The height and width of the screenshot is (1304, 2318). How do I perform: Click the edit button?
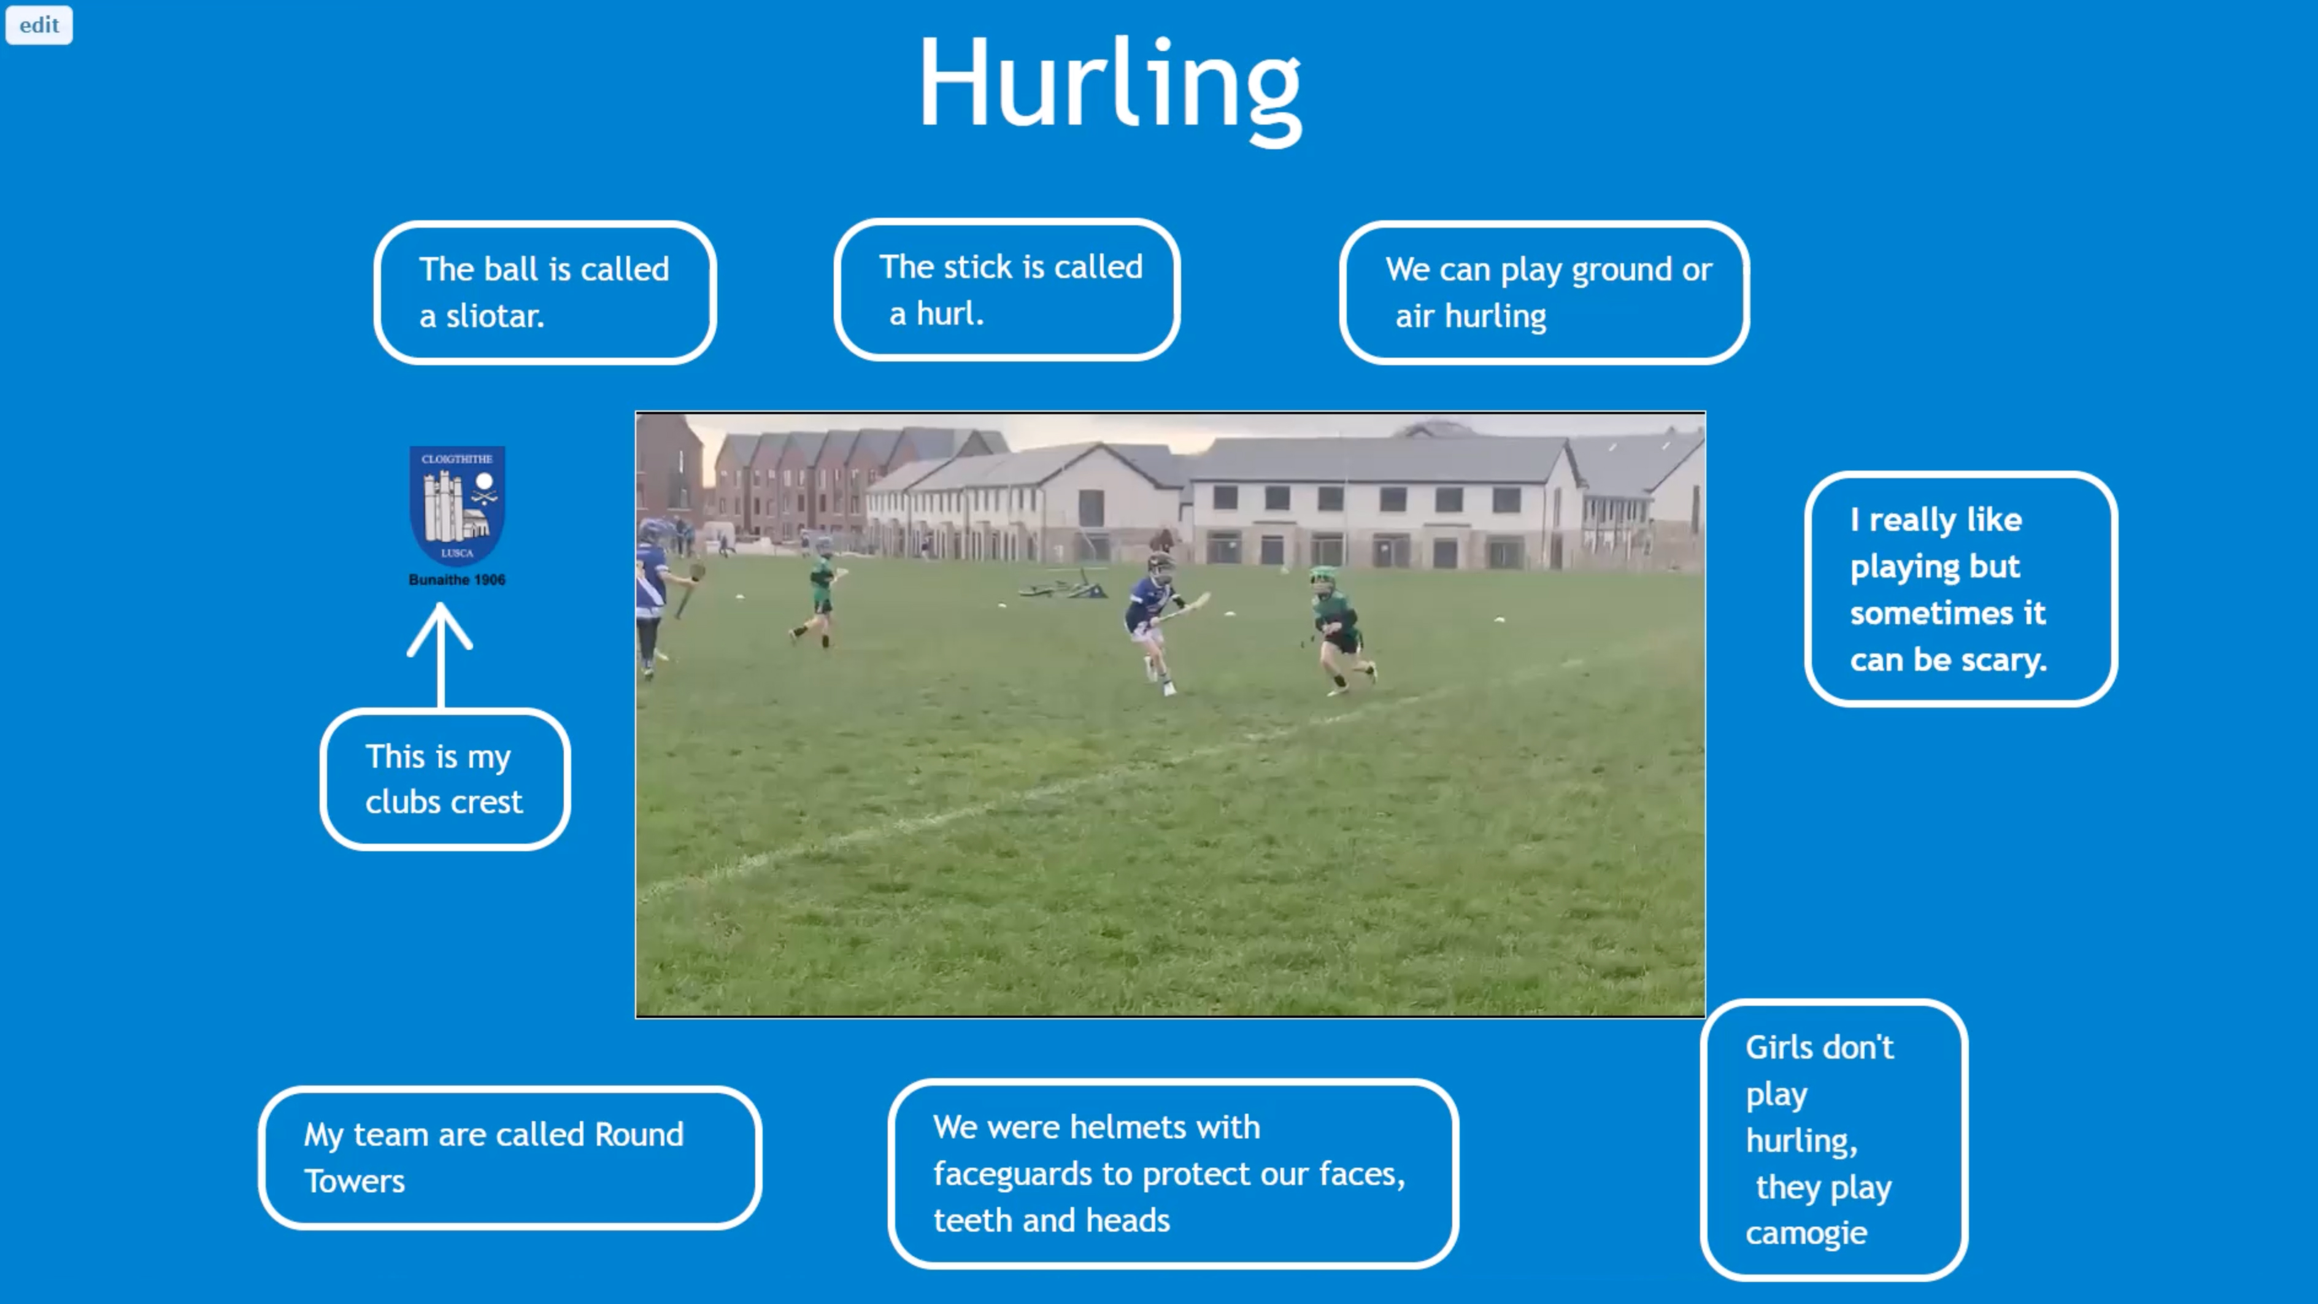(39, 25)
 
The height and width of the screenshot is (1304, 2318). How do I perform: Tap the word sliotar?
(495, 316)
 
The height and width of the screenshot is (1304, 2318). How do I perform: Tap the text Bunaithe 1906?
(457, 579)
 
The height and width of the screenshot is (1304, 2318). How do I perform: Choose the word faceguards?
(1013, 1175)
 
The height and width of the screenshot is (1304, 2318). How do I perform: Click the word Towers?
(355, 1182)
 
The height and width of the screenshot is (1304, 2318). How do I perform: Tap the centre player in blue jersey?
(1157, 621)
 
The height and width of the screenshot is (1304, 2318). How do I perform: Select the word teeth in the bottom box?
(972, 1221)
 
